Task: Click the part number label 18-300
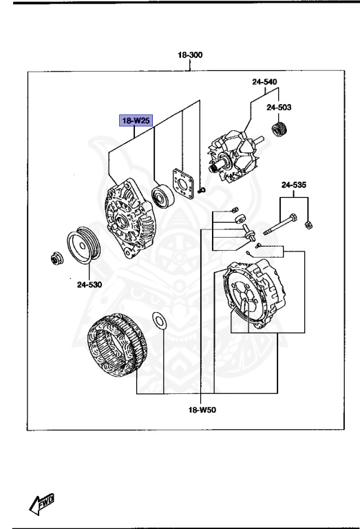click(191, 55)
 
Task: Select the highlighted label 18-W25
click(136, 121)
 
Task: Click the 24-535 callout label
click(294, 185)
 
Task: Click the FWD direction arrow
click(42, 504)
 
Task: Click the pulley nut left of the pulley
click(54, 258)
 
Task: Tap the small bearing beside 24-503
click(279, 129)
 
